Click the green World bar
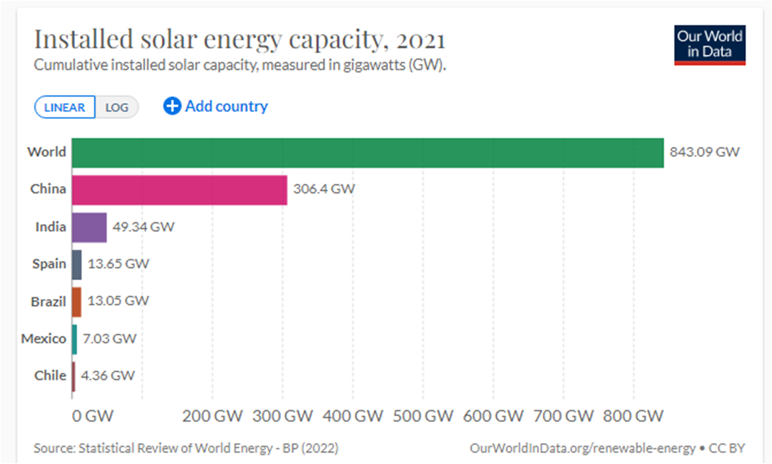click(368, 153)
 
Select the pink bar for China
click(179, 190)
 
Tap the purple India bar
click(89, 228)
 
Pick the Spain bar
click(77, 265)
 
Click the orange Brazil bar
click(77, 302)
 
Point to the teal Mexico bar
click(75, 340)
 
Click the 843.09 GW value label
click(704, 152)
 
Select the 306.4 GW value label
click(324, 189)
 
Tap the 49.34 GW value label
click(143, 227)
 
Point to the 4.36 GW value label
click(107, 376)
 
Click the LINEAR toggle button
click(64, 107)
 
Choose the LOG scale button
click(117, 107)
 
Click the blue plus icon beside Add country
click(172, 106)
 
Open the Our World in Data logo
click(709, 45)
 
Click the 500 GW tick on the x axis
click(423, 416)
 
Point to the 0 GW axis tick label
click(92, 416)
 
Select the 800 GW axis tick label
click(633, 416)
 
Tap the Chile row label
click(50, 376)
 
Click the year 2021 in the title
click(420, 40)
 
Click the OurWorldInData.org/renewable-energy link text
click(582, 449)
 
